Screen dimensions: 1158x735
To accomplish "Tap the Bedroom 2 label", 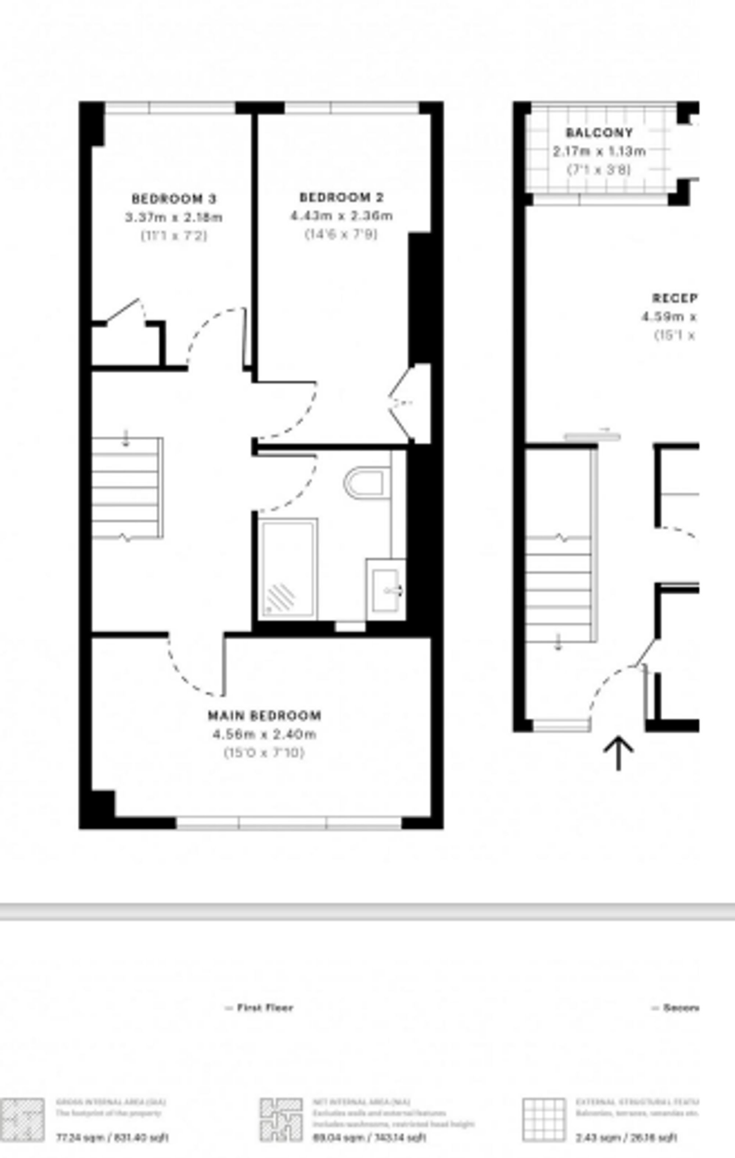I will (341, 197).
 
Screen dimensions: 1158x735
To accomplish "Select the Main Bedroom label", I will (264, 716).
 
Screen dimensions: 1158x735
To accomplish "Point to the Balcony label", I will (599, 133).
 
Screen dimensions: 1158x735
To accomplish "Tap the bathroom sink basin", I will (386, 590).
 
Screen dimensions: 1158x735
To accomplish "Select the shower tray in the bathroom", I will (288, 569).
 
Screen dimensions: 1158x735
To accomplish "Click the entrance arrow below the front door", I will (618, 753).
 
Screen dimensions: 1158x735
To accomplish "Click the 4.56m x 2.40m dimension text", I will (264, 734).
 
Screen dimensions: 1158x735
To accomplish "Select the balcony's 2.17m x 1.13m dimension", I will (599, 151).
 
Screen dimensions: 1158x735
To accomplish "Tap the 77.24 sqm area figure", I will (112, 1138).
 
